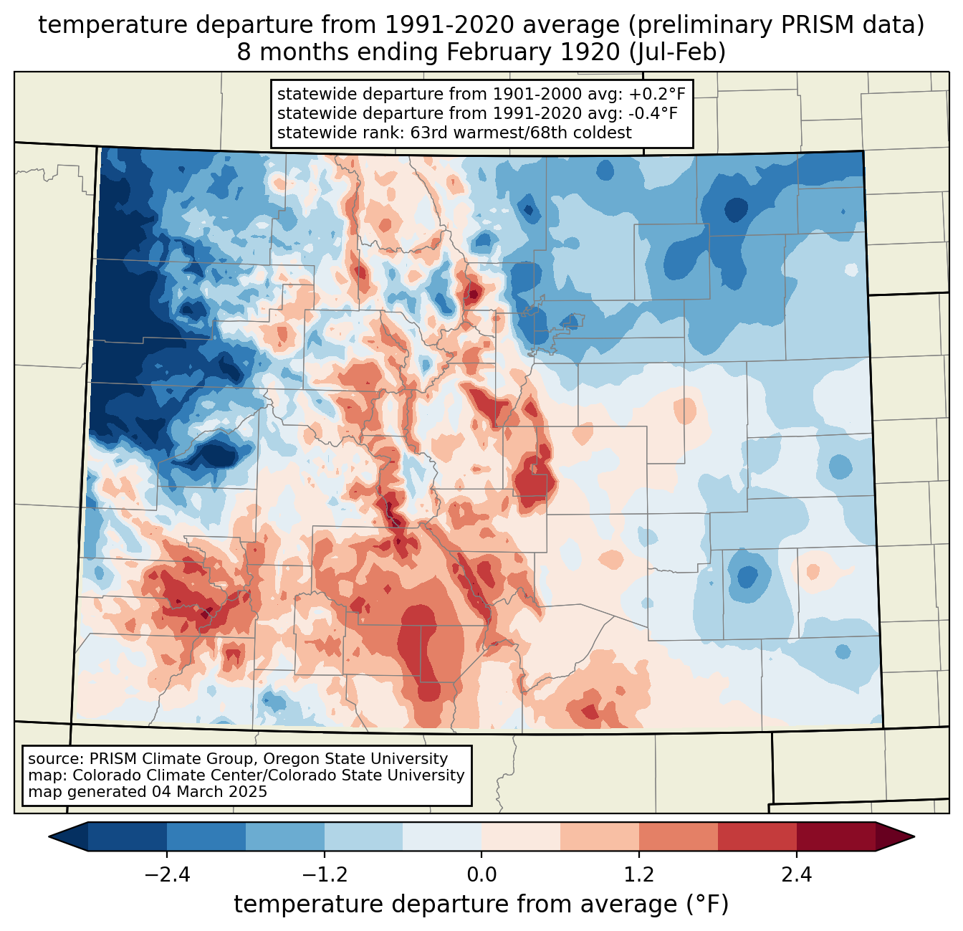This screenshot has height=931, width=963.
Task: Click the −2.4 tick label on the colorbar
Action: click(167, 875)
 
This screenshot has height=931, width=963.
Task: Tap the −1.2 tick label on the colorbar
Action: click(325, 875)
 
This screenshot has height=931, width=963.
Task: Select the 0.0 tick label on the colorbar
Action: click(481, 875)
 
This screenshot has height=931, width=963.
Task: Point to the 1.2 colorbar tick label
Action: click(639, 875)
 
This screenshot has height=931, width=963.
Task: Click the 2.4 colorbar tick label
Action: click(797, 875)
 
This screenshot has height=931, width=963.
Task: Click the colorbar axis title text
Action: click(481, 904)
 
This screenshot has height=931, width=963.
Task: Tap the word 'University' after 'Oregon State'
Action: click(407, 759)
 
